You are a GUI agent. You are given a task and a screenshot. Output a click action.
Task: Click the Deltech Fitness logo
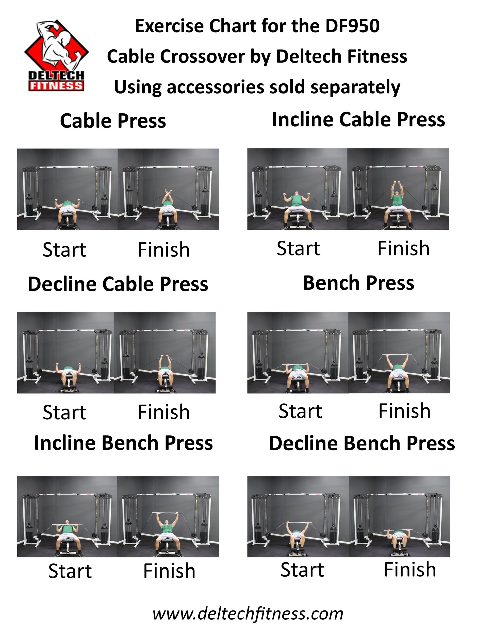(x=56, y=55)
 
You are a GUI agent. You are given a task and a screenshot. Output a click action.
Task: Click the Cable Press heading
(x=113, y=121)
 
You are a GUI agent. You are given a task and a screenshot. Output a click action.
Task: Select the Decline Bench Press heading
(x=362, y=443)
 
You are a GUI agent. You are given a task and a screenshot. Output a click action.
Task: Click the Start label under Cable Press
(x=64, y=250)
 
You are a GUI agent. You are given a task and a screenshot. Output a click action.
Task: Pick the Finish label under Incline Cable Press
(x=403, y=249)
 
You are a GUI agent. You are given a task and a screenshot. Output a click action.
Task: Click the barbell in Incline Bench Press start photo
(x=67, y=525)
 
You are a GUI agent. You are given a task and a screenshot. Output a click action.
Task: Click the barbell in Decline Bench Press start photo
(x=297, y=523)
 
